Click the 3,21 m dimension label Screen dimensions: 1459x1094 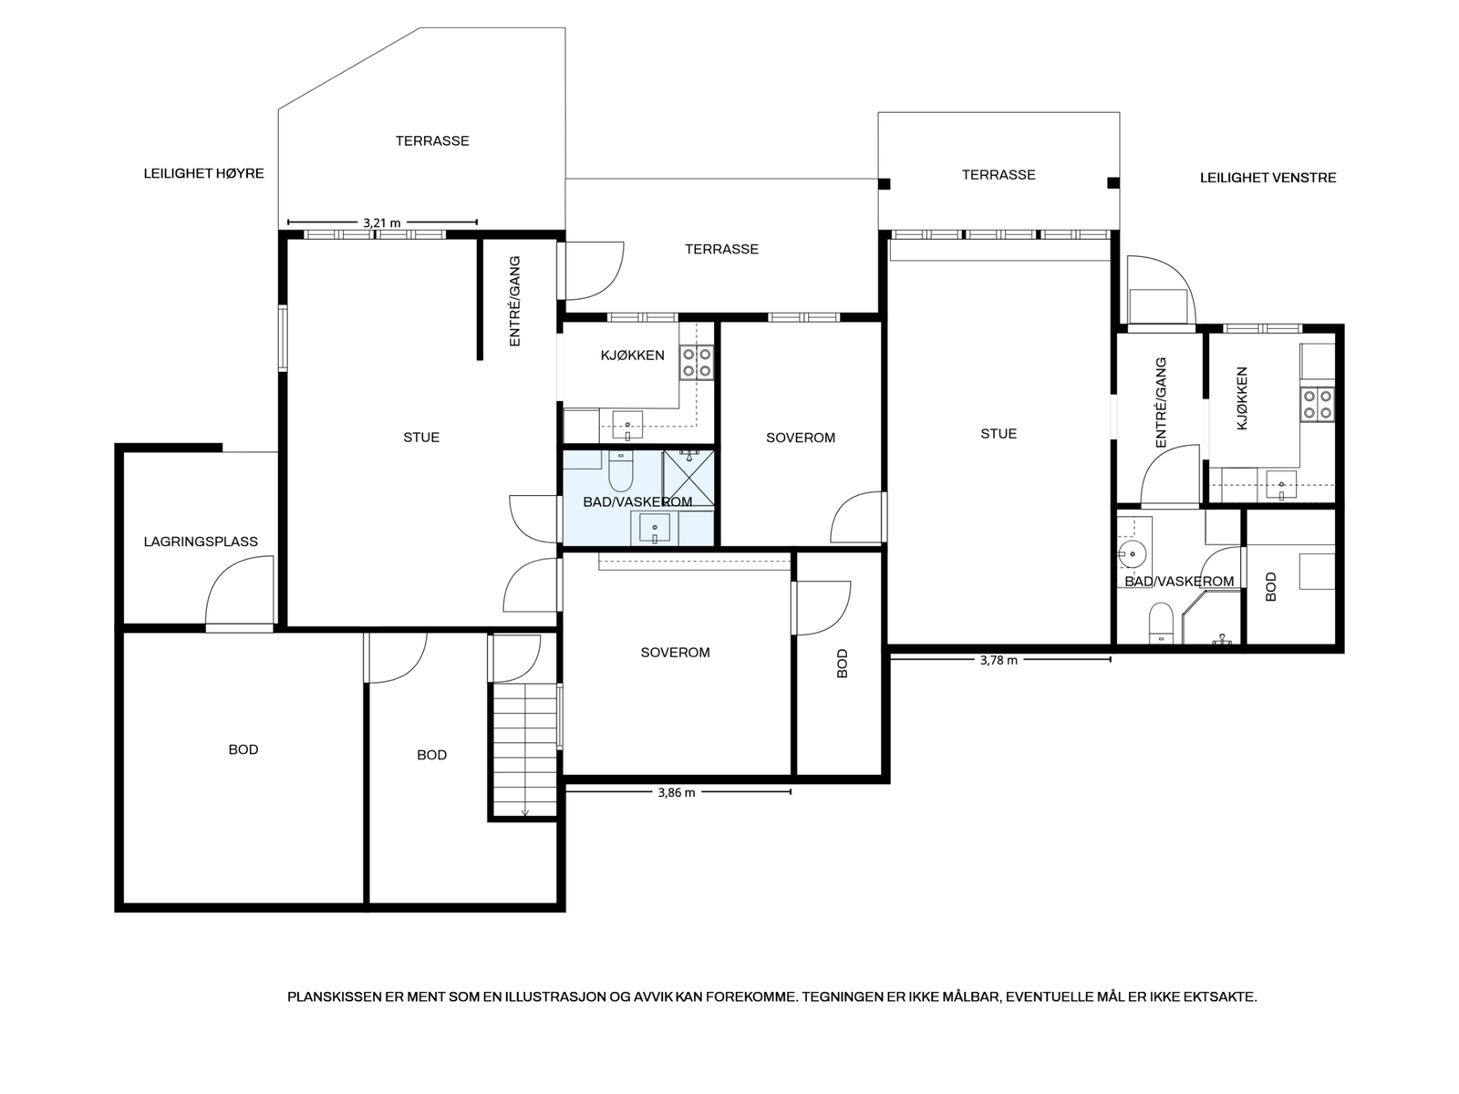point(382,222)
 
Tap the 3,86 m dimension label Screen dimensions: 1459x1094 point(677,792)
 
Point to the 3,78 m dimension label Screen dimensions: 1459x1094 point(999,660)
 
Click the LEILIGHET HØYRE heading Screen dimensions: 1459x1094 point(204,173)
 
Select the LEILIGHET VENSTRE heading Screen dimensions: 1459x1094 point(1268,178)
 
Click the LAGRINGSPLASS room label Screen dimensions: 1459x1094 point(201,542)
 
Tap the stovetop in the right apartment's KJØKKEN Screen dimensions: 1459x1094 point(1318,405)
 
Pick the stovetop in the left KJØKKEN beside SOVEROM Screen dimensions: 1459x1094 point(697,363)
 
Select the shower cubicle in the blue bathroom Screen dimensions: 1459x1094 point(688,479)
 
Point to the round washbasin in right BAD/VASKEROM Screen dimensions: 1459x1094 point(1131,552)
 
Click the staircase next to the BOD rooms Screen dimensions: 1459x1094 point(524,749)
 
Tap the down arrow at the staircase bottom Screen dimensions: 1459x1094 point(525,811)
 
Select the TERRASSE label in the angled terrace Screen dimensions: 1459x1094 point(432,140)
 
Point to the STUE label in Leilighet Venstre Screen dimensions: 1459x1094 point(999,434)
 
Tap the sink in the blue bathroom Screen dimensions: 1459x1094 point(655,528)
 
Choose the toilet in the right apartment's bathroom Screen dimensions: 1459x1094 point(1161,623)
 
